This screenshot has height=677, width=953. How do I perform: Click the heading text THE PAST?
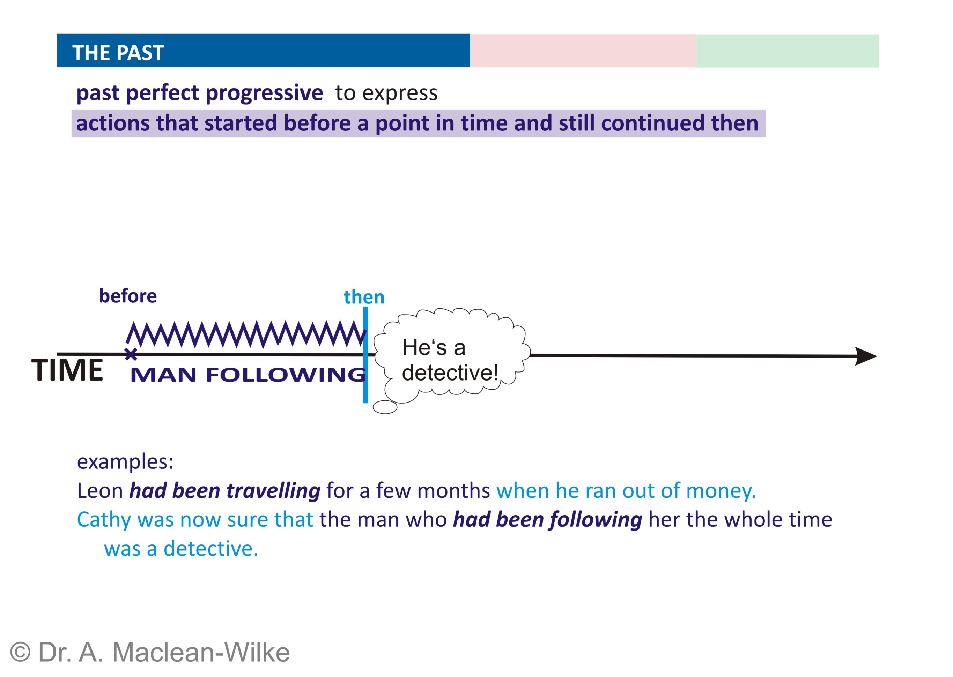click(x=118, y=53)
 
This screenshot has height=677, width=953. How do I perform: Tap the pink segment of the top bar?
click(x=583, y=51)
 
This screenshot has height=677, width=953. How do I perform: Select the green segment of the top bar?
click(x=787, y=51)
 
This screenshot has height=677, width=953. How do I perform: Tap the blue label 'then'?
click(x=364, y=297)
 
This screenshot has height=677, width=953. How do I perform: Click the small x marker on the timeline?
click(x=131, y=354)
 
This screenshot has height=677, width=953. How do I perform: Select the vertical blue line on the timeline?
click(x=365, y=355)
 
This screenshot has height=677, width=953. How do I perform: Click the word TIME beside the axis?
click(x=67, y=370)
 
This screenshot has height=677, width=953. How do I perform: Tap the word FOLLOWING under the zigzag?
click(x=286, y=374)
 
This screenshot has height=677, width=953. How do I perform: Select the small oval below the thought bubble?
click(x=385, y=407)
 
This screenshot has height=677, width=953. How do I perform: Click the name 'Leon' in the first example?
click(x=100, y=491)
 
